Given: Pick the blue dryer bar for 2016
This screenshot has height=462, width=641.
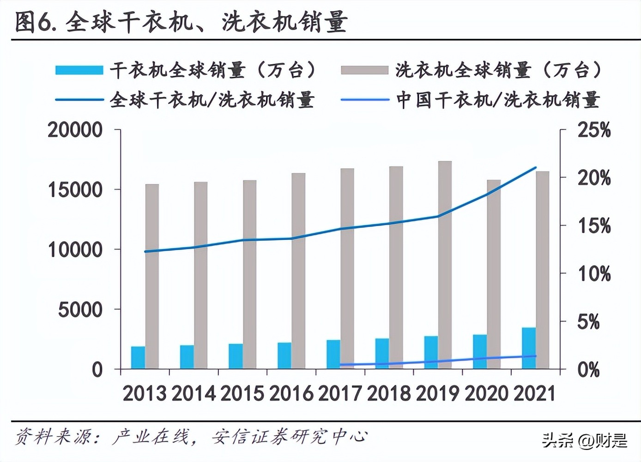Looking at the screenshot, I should (284, 355).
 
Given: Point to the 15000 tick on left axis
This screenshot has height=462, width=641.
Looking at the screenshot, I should (75, 189).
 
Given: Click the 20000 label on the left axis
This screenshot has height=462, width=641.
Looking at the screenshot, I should (75, 130).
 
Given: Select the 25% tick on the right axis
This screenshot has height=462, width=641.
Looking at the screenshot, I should (594, 130).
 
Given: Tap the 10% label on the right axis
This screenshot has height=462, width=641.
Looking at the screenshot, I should (594, 274).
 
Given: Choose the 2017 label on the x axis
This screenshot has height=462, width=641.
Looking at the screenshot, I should (340, 394).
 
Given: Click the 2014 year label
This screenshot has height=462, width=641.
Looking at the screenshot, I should (194, 394).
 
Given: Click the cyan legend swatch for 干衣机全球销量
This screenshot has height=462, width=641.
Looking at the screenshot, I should (79, 70).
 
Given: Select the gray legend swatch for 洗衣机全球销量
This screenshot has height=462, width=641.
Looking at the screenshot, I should (364, 70).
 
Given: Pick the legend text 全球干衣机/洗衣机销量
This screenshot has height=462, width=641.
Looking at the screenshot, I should (212, 100).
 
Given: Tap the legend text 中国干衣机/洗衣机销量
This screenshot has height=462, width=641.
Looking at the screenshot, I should (498, 100).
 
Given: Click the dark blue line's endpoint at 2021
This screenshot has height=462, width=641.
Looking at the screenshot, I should (535, 168).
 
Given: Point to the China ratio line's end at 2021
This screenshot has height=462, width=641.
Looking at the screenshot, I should (535, 356).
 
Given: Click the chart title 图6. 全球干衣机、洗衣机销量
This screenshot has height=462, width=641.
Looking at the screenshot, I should (181, 22).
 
